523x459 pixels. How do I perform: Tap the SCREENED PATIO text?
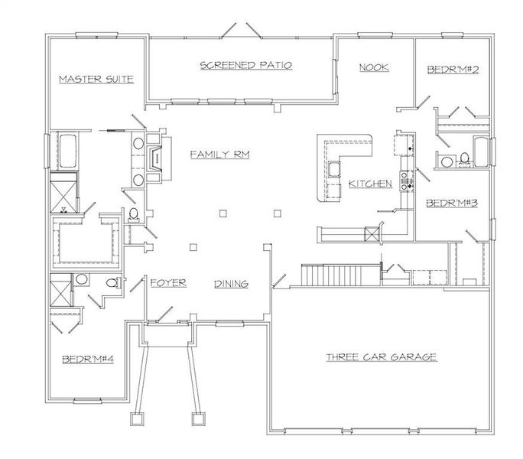click(x=245, y=65)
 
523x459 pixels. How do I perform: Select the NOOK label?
click(x=374, y=67)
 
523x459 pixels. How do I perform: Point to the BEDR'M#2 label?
click(x=452, y=70)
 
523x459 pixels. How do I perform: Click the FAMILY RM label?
click(x=221, y=155)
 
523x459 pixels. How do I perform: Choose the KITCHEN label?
click(x=370, y=184)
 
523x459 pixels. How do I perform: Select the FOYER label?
click(x=168, y=283)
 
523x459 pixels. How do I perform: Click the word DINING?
click(x=231, y=284)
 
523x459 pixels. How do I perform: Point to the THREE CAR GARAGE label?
click(x=381, y=357)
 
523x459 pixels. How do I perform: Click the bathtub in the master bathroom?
click(x=65, y=151)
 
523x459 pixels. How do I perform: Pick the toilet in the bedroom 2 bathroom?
click(x=464, y=160)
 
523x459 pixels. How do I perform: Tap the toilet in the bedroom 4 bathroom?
click(x=112, y=284)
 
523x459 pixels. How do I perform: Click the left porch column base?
click(x=138, y=418)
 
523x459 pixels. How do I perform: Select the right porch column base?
click(x=197, y=418)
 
